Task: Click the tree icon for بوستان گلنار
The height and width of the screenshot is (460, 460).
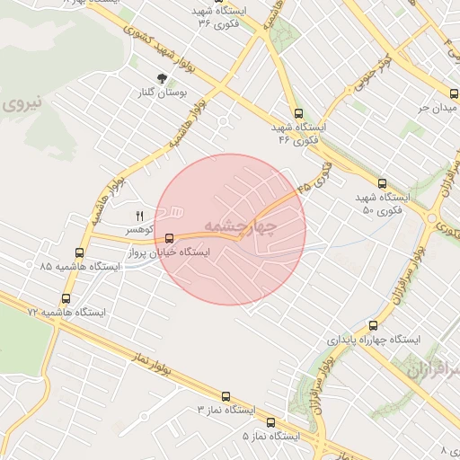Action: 162,79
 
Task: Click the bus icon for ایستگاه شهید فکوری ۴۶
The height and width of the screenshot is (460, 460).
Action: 298,113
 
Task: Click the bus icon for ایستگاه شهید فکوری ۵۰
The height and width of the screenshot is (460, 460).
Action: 383,181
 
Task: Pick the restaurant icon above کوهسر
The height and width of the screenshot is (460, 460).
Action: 139,216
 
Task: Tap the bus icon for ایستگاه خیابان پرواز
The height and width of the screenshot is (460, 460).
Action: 170,238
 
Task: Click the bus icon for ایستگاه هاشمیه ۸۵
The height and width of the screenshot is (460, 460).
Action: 80,252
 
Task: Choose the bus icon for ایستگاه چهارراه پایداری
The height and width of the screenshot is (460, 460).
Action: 373,325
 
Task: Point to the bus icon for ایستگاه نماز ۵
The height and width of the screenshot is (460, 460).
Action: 270,421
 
